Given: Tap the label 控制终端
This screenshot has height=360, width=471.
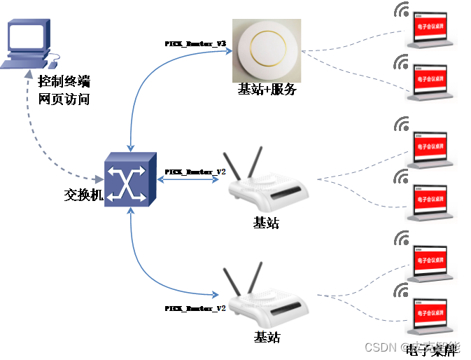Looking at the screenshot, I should (x=64, y=81).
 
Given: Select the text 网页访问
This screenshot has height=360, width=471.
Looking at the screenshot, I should (x=64, y=99).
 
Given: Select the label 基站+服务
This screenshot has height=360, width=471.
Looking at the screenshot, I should (x=267, y=90).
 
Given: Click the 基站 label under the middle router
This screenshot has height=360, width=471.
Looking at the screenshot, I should (x=266, y=223).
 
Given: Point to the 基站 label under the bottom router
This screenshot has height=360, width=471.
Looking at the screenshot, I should (x=267, y=337).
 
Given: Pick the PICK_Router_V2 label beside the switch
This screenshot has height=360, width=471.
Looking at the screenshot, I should (x=195, y=172).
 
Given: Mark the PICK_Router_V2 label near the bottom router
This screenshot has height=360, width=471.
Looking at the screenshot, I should (x=195, y=308).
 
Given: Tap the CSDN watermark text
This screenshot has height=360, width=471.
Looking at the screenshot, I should (x=381, y=347).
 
